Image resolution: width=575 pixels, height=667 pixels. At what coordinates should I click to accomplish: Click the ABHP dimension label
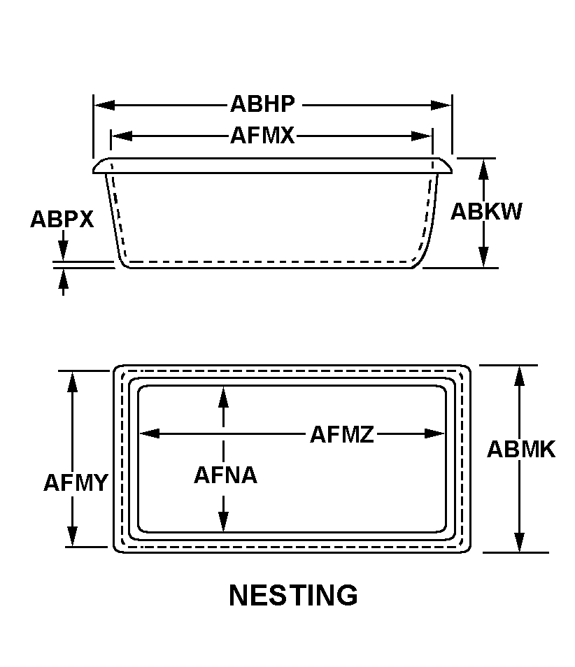262,105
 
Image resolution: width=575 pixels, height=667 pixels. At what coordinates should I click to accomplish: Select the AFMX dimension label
262,135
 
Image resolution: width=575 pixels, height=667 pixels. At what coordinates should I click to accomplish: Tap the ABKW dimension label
486,212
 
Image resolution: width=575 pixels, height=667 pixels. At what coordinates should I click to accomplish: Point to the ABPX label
62,220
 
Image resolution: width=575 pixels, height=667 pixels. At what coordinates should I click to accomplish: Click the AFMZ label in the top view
342,434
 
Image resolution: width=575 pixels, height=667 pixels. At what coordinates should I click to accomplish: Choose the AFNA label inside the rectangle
225,475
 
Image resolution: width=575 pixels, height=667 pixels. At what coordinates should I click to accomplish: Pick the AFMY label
75,483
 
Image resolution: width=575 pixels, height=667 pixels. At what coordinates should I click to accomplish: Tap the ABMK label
520,450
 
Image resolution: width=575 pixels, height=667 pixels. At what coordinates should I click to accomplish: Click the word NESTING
293,596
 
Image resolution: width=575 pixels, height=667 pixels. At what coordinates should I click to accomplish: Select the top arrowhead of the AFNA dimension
223,396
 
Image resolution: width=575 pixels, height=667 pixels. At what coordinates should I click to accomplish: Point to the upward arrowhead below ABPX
64,278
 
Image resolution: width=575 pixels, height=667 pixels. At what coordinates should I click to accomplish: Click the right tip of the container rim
451,167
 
